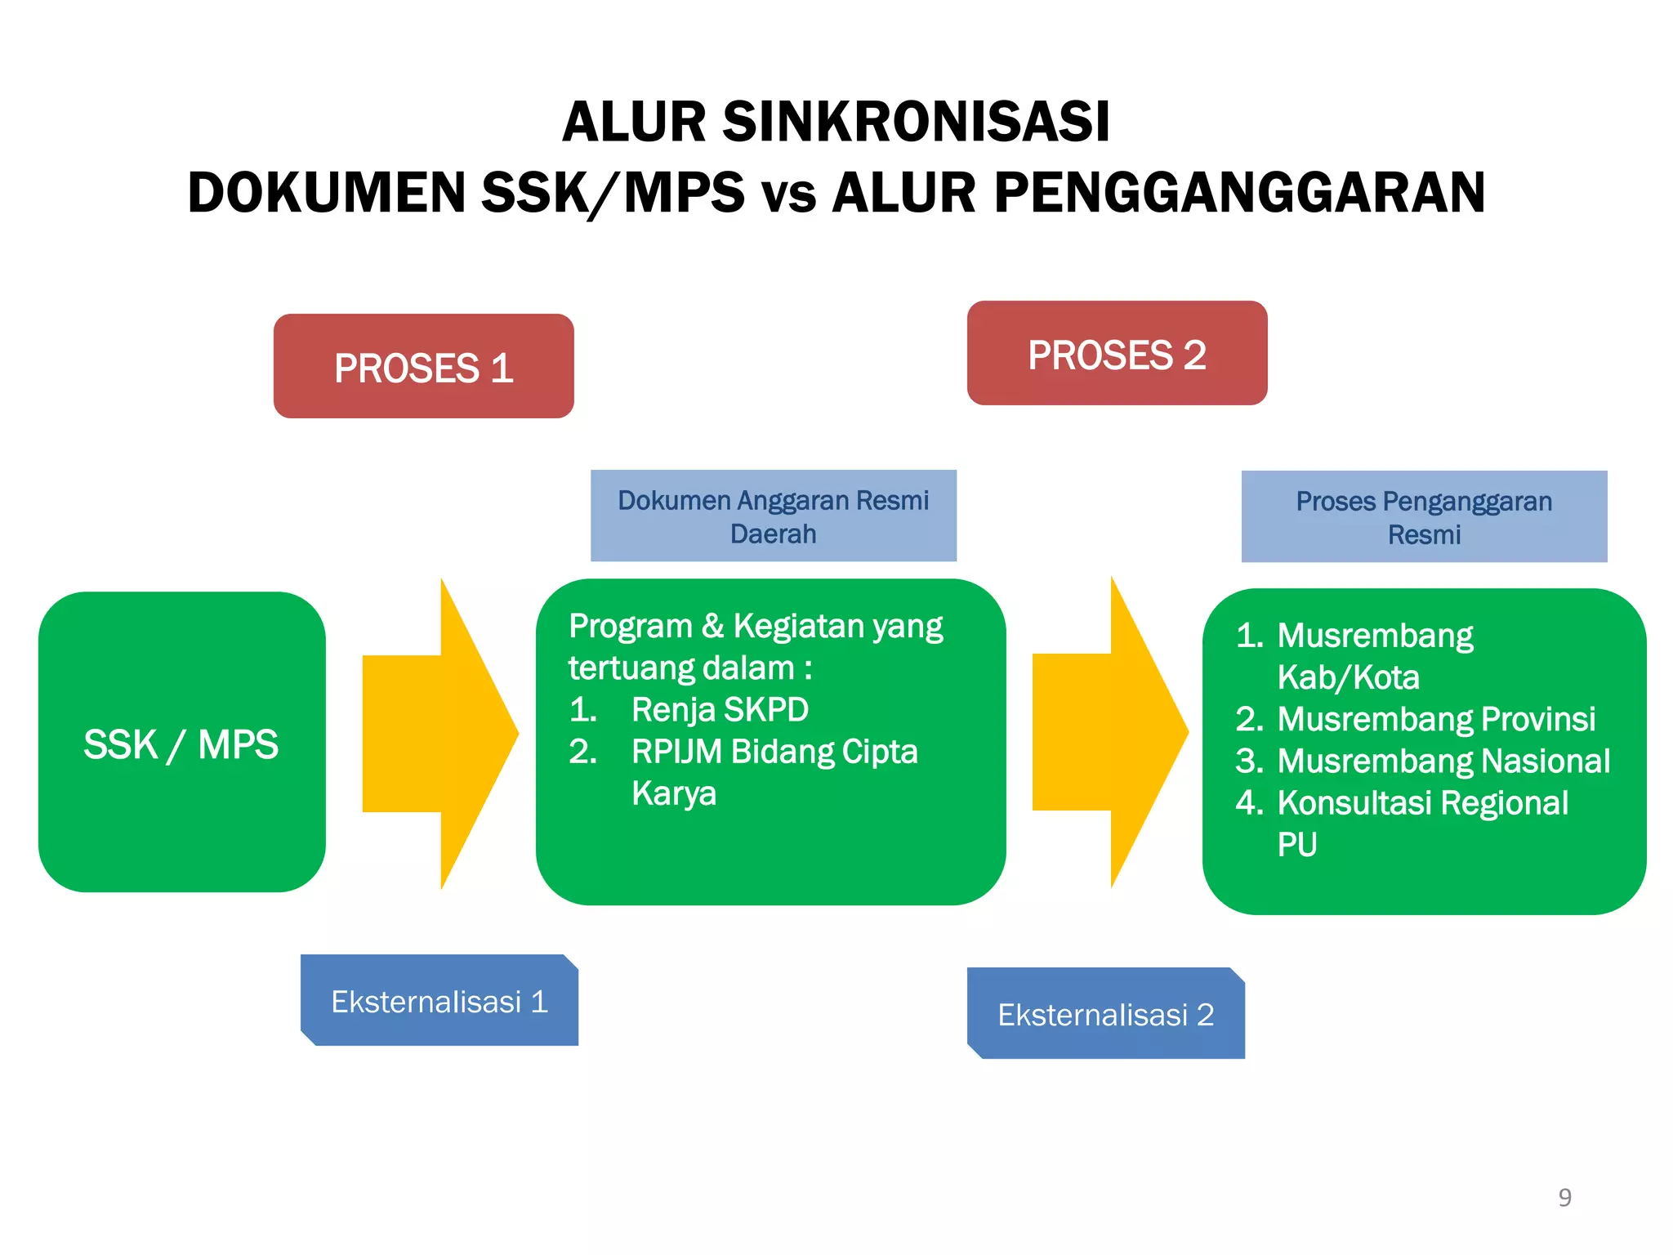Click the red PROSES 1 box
tap(423, 367)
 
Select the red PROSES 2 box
tap(1117, 354)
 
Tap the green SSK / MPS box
tap(181, 743)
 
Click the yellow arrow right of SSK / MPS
tap(439, 733)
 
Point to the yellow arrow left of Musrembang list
tap(1109, 732)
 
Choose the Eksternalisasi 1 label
tap(439, 1001)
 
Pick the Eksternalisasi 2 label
tap(1105, 1014)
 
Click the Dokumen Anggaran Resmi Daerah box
tap(773, 516)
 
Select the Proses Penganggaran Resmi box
tap(1424, 517)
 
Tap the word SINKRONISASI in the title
tap(916, 123)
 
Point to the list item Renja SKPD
tap(719, 709)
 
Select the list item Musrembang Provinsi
tap(1435, 719)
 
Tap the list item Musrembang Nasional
tap(1443, 761)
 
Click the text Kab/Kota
tap(1348, 677)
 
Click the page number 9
tap(1564, 1197)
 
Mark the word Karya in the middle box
tap(673, 793)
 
